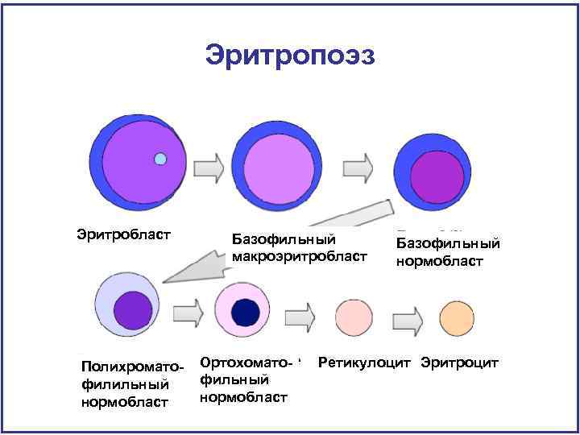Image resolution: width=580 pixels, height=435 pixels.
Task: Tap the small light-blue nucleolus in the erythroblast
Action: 160,159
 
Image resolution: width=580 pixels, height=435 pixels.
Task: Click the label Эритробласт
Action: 124,234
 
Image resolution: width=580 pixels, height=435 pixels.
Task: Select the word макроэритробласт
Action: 299,256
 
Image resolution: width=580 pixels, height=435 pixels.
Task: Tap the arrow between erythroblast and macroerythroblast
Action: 210,168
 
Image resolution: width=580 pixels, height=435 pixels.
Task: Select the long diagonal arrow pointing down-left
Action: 266,241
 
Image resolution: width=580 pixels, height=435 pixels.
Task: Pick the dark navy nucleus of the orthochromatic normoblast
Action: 246,311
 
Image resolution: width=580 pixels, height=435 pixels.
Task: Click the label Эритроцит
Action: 460,362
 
